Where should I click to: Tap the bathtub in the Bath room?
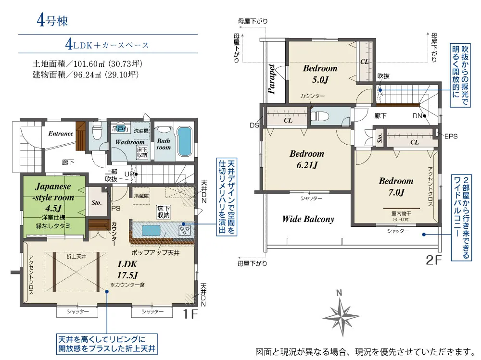point(184,142)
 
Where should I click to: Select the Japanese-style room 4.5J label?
point(53,197)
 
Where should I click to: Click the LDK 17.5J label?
point(127,270)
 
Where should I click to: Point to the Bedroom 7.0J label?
point(396,186)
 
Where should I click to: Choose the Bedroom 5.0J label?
point(320,74)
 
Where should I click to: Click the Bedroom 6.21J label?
point(307,159)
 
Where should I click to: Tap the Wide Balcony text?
point(308,219)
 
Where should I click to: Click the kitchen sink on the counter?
point(151,230)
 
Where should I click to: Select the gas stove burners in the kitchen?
point(185,230)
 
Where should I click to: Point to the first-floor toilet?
point(97,132)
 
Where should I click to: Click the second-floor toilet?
point(320,116)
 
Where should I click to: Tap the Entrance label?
point(61,134)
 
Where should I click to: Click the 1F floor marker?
point(190,314)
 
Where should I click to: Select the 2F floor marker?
point(434,260)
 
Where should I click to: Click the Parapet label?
point(271,79)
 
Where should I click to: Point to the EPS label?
point(451,137)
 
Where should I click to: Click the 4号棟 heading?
point(52,21)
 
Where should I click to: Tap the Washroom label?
point(130,142)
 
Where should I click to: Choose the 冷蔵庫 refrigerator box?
point(141,195)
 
